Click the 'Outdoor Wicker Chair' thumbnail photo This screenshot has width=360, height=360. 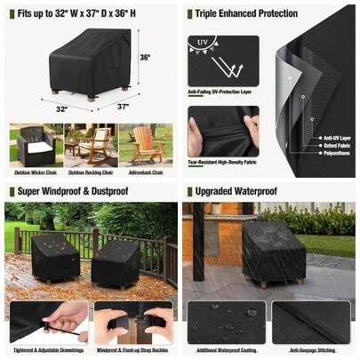(35, 144)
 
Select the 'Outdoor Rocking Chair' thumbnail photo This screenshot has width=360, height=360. (90, 144)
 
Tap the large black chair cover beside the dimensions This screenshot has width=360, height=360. (84, 62)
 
